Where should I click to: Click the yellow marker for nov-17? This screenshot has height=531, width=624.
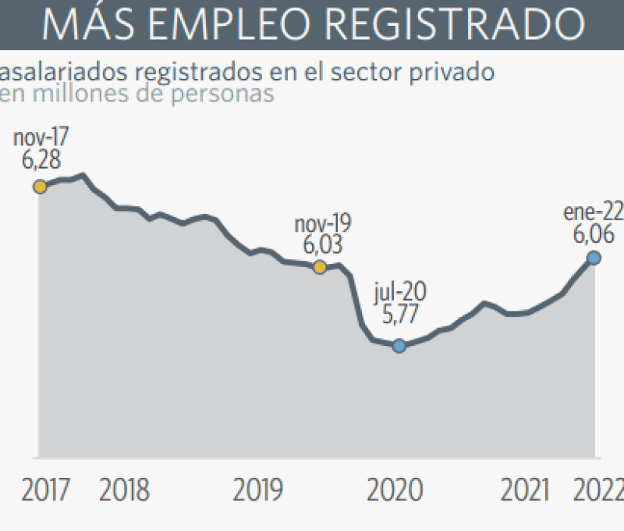click(39, 187)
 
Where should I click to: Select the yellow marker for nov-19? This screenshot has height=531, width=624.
click(319, 268)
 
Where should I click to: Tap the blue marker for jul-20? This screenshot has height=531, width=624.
click(399, 346)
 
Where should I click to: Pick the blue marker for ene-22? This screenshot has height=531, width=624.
click(594, 258)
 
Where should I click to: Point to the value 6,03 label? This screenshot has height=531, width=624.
click(322, 244)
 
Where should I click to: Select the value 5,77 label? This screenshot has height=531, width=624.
click(400, 318)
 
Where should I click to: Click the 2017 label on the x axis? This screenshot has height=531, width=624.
click(45, 490)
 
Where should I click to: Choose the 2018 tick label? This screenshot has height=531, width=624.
click(124, 490)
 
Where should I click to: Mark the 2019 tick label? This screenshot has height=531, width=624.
click(258, 490)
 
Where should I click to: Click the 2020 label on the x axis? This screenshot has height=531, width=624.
click(395, 490)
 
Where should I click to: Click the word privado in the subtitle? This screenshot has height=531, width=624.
click(454, 73)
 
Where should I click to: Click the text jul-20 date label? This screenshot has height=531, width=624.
click(400, 295)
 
